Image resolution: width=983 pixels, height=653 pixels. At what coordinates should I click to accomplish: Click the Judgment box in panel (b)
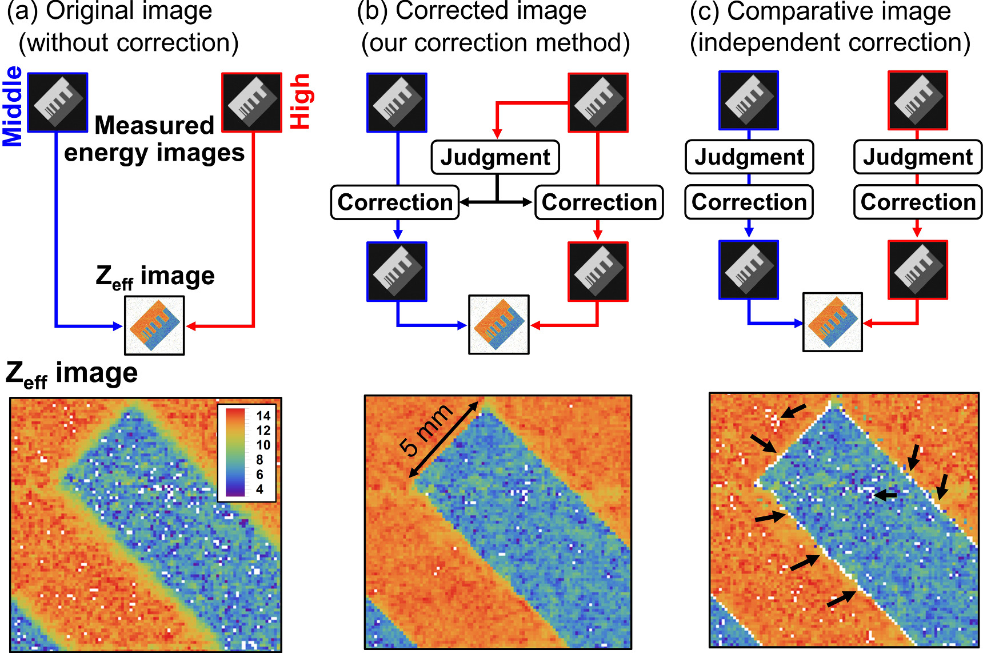tap(495, 157)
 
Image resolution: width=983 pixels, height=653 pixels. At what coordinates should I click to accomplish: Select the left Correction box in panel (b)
tap(395, 202)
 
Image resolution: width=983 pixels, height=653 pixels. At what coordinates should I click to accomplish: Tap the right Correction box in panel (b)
tap(599, 202)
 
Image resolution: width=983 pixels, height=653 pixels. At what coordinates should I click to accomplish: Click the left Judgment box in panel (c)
tap(749, 157)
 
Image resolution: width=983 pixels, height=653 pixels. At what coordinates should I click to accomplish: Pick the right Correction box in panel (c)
tap(918, 202)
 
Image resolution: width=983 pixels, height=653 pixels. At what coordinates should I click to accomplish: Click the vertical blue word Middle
tap(13, 106)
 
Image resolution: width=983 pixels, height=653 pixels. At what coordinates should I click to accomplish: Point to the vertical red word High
tap(300, 101)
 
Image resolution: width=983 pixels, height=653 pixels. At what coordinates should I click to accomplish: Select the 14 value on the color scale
tap(263, 416)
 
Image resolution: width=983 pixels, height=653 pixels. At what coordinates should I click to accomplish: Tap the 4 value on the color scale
tap(259, 489)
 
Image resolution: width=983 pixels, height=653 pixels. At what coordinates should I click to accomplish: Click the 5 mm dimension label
tap(426, 430)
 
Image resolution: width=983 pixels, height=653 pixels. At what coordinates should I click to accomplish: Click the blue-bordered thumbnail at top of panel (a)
tap(58, 102)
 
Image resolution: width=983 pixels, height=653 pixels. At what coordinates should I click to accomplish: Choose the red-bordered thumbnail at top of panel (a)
tap(251, 102)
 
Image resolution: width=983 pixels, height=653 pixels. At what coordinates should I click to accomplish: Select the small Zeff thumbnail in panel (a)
tap(154, 325)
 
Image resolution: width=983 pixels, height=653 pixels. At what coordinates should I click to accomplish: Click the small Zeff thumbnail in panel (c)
tap(832, 322)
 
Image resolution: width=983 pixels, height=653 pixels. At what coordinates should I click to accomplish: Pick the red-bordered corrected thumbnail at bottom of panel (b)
tap(598, 272)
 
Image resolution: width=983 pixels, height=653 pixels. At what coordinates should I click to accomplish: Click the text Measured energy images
tap(154, 139)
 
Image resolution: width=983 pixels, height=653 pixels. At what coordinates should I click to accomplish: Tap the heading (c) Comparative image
tap(820, 11)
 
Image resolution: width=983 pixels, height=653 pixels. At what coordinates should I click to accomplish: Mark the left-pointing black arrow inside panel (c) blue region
tap(886, 495)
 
